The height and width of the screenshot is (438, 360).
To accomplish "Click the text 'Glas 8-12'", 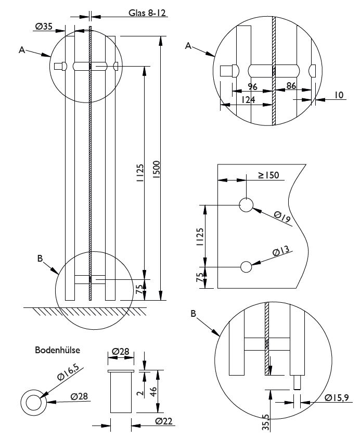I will click(x=147, y=13).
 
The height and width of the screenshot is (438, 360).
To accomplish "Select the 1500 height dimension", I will click(x=156, y=169).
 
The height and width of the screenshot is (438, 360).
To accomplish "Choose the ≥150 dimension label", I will click(x=269, y=175).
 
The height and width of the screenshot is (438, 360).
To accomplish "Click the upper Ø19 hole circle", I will click(x=246, y=205).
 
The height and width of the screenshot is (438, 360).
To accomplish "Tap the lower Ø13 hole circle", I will click(x=246, y=266).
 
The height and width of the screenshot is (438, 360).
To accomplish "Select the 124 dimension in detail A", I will click(x=249, y=100).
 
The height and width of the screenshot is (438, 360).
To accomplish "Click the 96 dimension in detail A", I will click(x=253, y=86).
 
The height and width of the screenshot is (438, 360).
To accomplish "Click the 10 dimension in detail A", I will click(x=339, y=95).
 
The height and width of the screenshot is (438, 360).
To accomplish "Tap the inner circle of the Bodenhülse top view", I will click(x=33, y=402).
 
